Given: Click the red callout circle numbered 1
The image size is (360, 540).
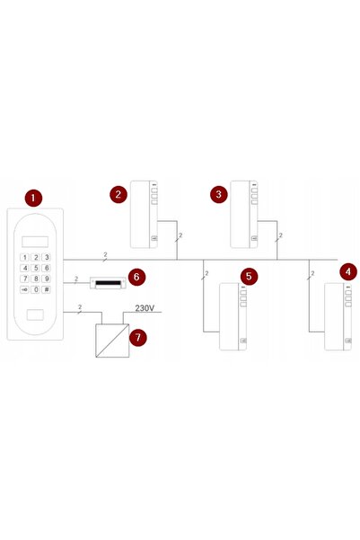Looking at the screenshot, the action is (33, 198).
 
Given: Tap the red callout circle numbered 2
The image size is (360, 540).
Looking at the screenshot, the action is (119, 195).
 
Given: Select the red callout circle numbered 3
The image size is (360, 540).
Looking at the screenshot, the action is (219, 194).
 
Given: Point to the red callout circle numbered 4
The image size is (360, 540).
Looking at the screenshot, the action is (348, 271).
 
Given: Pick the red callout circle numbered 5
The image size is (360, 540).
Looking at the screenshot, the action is (250, 276).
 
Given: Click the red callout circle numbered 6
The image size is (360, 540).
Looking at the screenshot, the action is (136, 277).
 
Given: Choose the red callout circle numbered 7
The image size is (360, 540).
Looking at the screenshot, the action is (138, 337).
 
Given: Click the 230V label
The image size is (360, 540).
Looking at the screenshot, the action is (145, 308).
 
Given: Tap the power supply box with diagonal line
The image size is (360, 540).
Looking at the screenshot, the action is (112, 341).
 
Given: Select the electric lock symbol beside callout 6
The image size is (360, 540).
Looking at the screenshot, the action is (108, 283).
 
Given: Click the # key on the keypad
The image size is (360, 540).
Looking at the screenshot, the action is (46, 289).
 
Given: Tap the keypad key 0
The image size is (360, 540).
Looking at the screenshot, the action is (35, 289).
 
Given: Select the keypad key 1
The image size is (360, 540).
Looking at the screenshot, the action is (24, 257).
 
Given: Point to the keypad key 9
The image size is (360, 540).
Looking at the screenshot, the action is (46, 279).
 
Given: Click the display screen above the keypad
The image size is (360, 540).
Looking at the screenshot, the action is (35, 242).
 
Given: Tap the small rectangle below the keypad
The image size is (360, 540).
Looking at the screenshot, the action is (35, 314).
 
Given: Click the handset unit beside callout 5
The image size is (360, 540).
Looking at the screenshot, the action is (233, 316).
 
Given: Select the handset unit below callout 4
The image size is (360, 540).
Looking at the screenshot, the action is (338, 316).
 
